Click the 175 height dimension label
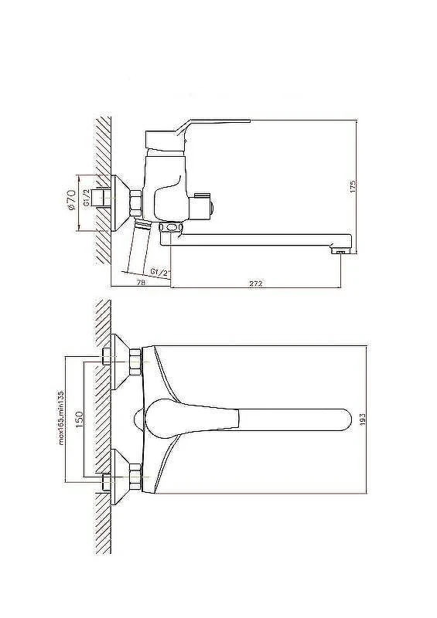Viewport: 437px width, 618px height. (353, 186)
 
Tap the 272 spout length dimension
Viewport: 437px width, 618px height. (256, 283)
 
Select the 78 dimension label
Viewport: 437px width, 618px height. (141, 282)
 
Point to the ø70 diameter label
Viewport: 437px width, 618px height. (71, 200)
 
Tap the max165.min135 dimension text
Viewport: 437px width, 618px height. (61, 418)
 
